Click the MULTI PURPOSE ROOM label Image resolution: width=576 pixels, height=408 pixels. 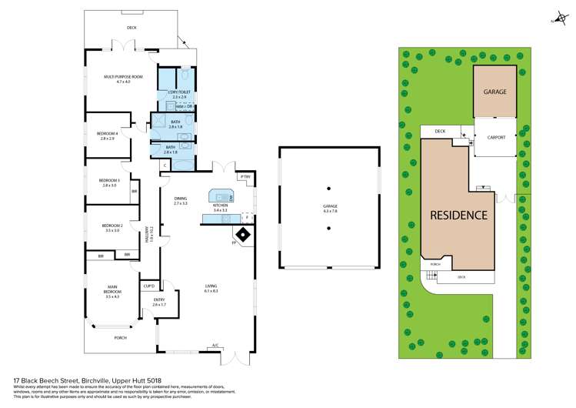coord(124,78)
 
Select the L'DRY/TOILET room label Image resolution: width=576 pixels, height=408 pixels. coord(178,93)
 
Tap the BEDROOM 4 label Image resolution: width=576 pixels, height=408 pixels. coord(107,135)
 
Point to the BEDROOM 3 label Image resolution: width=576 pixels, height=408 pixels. coord(108,182)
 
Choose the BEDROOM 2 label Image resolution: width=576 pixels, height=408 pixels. coord(112,226)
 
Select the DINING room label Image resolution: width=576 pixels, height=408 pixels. coord(181,199)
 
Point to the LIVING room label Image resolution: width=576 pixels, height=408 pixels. coord(211,287)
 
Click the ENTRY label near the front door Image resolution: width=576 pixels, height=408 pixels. coord(159,301)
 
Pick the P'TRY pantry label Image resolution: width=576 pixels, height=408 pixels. coord(245,178)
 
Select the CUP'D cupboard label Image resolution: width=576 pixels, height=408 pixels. coord(150,286)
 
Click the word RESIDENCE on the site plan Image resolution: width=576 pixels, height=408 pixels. coord(458,215)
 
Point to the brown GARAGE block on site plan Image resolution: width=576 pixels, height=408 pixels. coord(494,92)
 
